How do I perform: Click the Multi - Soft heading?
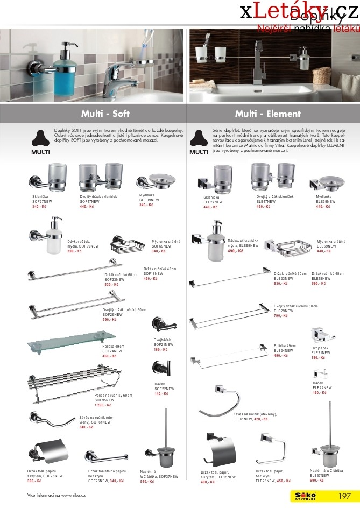point(105,114)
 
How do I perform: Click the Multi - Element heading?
point(268,114)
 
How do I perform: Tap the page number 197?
point(344,496)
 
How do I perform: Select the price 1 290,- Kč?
point(102,405)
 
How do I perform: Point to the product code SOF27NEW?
point(42,202)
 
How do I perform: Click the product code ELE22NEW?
point(322,387)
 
